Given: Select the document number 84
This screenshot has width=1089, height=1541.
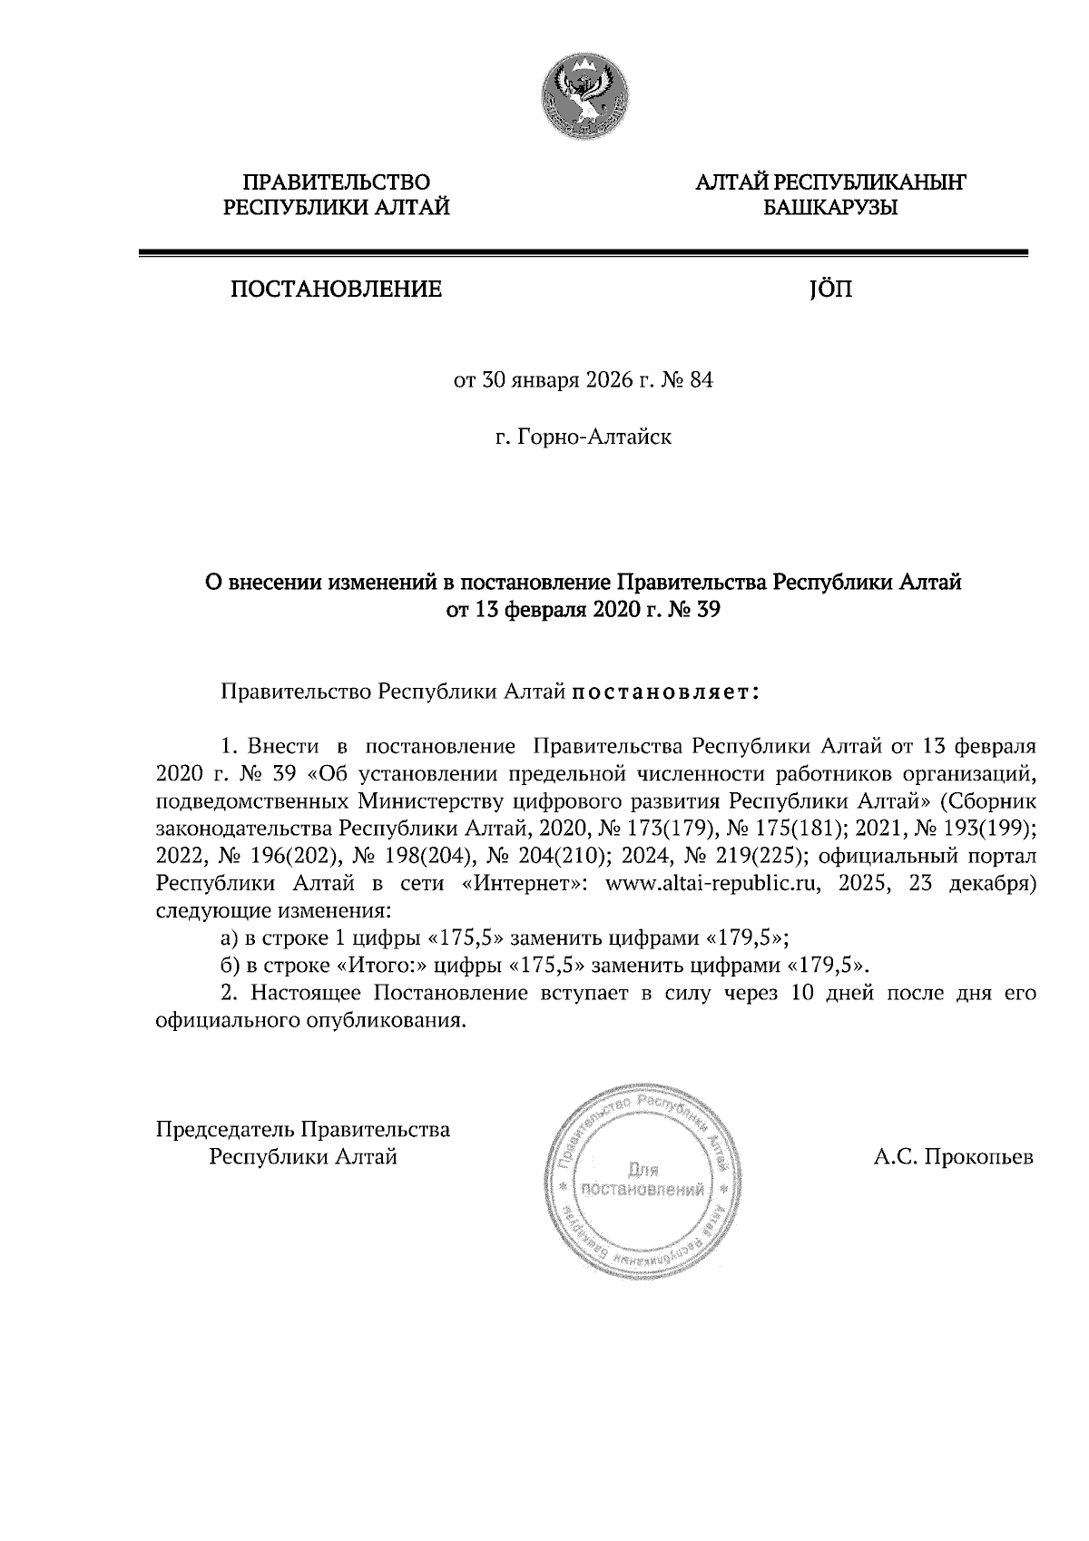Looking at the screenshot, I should (701, 380).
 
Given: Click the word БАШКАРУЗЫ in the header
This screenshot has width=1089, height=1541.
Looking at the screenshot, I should (830, 209).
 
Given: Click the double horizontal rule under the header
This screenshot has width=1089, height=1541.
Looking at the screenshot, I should (583, 255).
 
